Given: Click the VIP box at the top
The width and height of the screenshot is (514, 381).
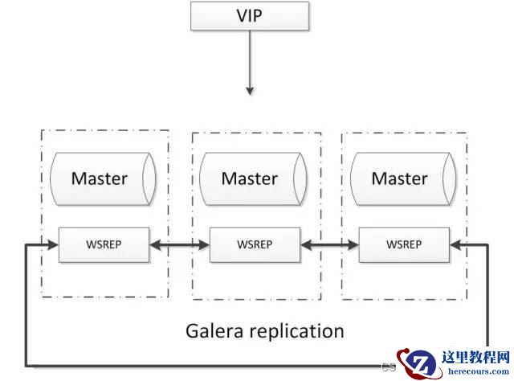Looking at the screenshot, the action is (x=250, y=16).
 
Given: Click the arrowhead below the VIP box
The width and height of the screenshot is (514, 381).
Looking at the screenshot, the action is (x=250, y=91).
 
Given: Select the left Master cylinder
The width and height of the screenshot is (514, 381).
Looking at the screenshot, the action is (x=103, y=179).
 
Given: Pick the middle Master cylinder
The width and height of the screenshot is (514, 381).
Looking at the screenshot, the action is (x=254, y=179).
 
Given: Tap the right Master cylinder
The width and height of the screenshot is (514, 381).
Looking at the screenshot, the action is (x=403, y=179).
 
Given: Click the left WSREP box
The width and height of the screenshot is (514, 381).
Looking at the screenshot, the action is (x=104, y=245).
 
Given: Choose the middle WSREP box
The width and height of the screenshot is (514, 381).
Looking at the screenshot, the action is (x=255, y=245).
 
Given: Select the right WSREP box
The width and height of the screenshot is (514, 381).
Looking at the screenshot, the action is (x=404, y=245).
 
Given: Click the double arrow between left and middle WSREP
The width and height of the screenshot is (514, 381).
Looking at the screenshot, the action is (x=179, y=245).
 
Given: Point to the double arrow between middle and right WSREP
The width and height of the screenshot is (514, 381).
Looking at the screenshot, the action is (x=329, y=245).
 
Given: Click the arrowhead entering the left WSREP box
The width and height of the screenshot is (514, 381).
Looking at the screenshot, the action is (x=53, y=244).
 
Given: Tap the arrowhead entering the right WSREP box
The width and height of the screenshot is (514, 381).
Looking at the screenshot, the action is (x=455, y=244).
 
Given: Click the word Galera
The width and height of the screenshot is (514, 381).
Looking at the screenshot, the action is (x=215, y=330).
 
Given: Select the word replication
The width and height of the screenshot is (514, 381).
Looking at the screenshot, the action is (x=297, y=331).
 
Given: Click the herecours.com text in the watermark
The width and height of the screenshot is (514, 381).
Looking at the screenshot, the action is (x=479, y=371).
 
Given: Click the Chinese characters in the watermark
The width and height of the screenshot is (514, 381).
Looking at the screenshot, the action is (x=475, y=357).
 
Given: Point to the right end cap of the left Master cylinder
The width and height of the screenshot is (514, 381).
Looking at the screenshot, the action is (x=149, y=179).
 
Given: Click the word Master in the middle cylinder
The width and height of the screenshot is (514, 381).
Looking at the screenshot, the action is (x=250, y=179).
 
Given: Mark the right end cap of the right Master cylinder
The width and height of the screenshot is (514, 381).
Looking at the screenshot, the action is (x=450, y=179).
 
